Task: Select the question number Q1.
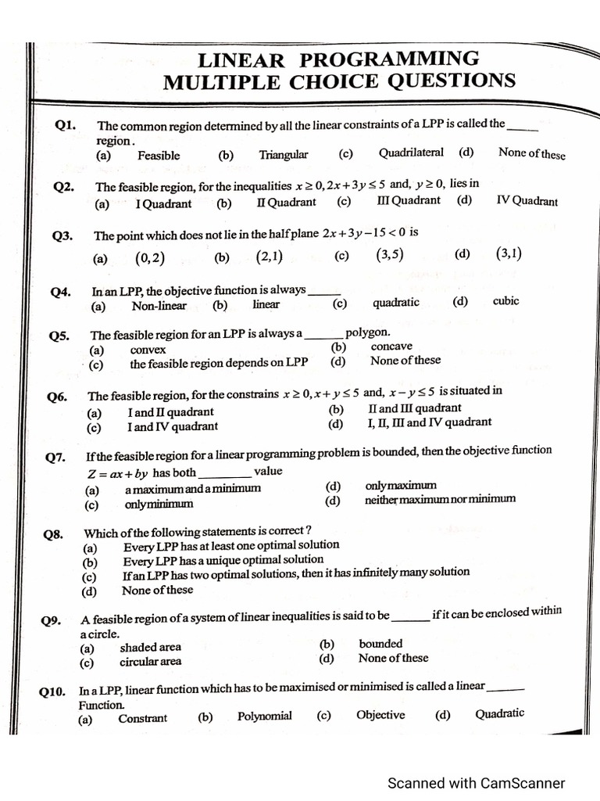pos(66,124)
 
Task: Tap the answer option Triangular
pos(284,155)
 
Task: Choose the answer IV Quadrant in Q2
pos(527,200)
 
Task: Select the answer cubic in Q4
pos(505,301)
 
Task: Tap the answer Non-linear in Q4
pos(159,306)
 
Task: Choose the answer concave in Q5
pos(391,347)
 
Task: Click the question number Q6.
pos(57,397)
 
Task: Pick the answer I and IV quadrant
pos(173,427)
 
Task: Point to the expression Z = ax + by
pos(117,473)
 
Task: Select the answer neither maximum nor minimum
pos(440,499)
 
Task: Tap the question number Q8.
pos(53,535)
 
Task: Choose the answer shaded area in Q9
pos(150,647)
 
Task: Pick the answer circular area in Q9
pos(150,662)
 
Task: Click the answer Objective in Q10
pos(380,715)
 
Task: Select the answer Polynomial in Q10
pos(265,716)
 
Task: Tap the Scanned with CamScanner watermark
pos(477,783)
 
